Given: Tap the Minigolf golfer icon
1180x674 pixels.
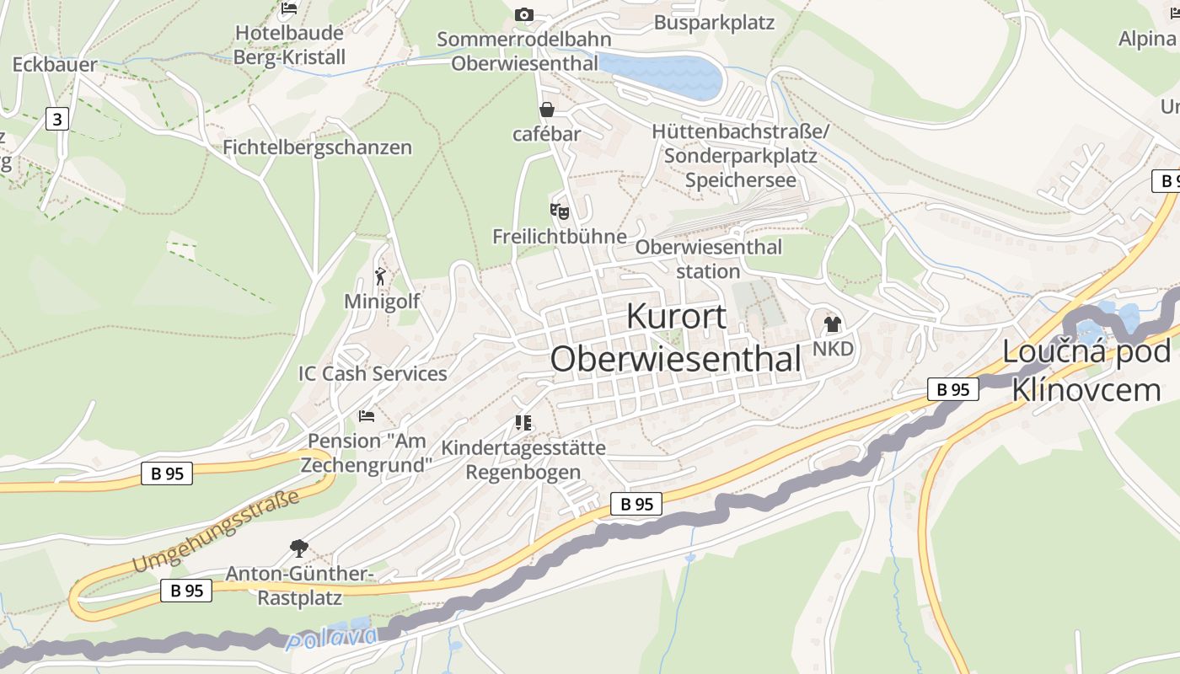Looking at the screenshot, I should (381, 275).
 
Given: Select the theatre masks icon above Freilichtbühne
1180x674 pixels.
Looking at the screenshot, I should (560, 211).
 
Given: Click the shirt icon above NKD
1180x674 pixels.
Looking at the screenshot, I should (833, 324).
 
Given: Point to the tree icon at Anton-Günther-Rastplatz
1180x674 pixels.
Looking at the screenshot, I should (298, 548).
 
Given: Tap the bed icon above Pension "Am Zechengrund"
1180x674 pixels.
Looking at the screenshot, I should (367, 415).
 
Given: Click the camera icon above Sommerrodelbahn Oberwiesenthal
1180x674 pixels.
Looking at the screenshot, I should (524, 14).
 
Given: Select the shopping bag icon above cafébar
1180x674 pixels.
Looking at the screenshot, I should (547, 110).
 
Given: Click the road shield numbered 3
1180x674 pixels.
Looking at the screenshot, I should (56, 120).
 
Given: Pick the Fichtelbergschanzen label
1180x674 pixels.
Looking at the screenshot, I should (317, 147).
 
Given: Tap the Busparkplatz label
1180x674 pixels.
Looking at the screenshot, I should (714, 23).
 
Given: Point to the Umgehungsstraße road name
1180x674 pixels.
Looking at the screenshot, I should (216, 531).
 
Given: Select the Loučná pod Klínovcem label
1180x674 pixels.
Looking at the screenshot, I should (1086, 371).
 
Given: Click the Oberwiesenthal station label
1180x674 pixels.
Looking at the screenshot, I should (708, 259).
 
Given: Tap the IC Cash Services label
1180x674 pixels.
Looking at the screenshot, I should (373, 373).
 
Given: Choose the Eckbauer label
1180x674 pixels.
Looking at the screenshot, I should (55, 65).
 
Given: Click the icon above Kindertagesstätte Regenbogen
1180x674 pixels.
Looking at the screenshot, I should (523, 422).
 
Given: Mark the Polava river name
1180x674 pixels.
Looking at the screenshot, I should (330, 638).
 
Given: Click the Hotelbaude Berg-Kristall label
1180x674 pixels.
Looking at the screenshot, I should (289, 45).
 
